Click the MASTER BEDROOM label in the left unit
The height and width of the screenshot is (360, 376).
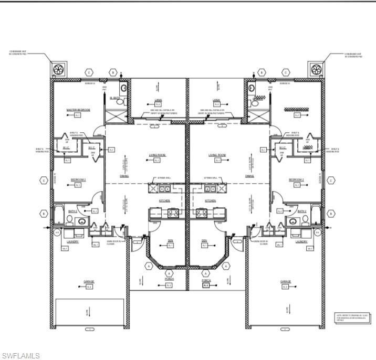78,110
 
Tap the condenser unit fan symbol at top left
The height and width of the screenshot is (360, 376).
58,70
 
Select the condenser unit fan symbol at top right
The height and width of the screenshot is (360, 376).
316,70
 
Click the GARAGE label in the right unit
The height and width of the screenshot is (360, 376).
286,282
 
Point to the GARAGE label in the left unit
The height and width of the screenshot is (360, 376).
89,282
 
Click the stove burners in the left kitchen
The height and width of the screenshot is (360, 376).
173,213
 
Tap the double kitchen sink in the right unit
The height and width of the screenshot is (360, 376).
210,188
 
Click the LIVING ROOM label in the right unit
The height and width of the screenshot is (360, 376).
216,155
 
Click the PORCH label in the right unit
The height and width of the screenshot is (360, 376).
206,280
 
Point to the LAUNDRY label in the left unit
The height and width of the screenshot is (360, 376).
72,241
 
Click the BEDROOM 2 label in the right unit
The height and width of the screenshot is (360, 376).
296,179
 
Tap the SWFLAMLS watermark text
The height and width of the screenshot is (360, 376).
20,356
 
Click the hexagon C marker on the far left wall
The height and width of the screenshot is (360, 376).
44,181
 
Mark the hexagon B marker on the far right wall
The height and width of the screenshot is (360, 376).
331,214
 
